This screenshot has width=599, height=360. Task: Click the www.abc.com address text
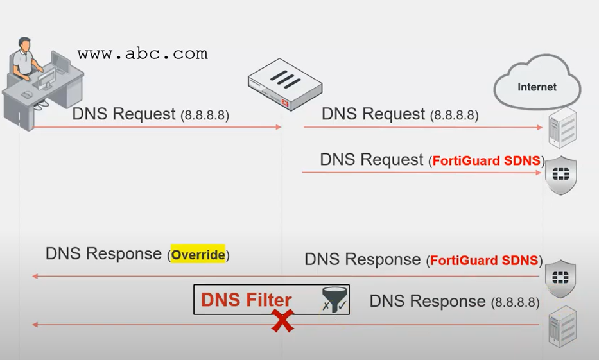pyautogui.click(x=143, y=54)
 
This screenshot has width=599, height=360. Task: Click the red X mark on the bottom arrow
pyautogui.click(x=281, y=321)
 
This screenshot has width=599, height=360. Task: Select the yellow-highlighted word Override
pyautogui.click(x=198, y=255)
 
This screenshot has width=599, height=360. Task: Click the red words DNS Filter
pyautogui.click(x=246, y=300)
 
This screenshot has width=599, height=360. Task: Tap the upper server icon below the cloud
pyautogui.click(x=562, y=128)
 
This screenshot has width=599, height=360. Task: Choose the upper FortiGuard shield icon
pyautogui.click(x=560, y=175)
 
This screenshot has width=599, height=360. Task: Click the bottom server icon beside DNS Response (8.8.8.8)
pyautogui.click(x=562, y=326)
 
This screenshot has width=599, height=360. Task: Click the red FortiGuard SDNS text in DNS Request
pyautogui.click(x=486, y=161)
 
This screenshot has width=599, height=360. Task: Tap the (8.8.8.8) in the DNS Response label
pyautogui.click(x=514, y=302)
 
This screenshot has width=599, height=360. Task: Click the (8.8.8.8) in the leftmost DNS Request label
pyautogui.click(x=205, y=116)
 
